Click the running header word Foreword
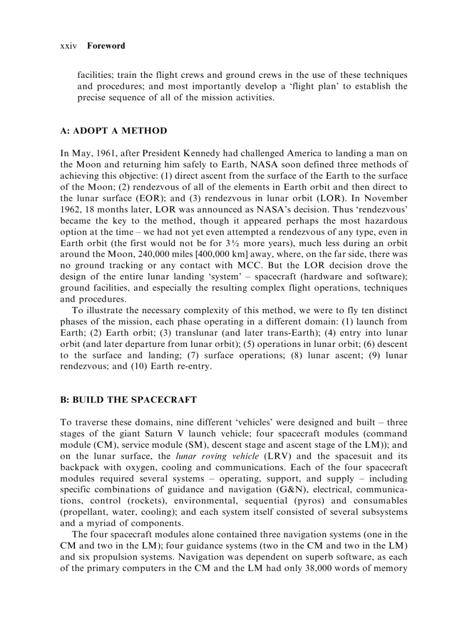pyautogui.click(x=106, y=46)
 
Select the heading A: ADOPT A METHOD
pyautogui.click(x=113, y=131)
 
